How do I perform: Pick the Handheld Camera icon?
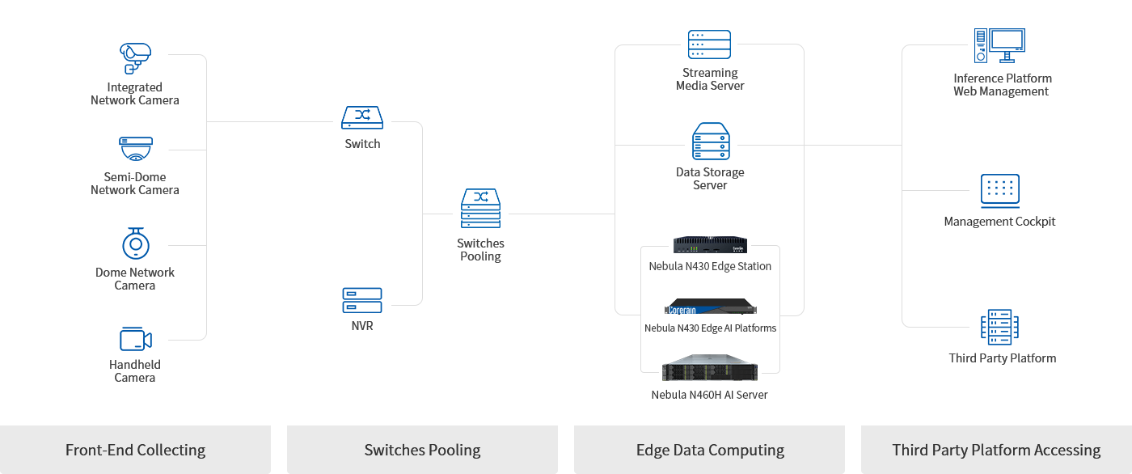135,339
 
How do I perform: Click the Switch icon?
361,118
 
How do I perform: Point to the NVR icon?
361,300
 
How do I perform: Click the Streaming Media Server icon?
709,44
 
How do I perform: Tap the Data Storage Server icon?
710,142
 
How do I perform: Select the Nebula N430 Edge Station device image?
710,245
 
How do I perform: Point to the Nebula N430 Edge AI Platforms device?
710,307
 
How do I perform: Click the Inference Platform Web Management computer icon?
999,46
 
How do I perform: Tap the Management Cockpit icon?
999,190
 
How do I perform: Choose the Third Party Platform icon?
999,327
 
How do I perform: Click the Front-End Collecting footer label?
135,451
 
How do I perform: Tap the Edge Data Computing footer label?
710,451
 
